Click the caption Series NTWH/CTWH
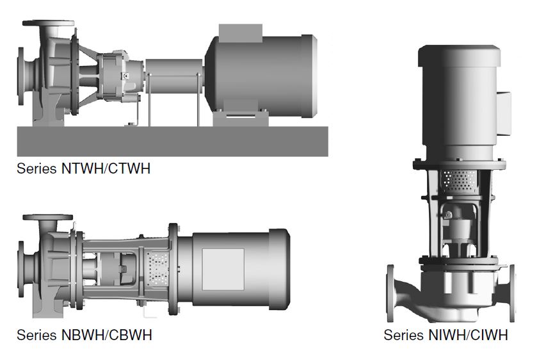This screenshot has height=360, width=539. pos(83,168)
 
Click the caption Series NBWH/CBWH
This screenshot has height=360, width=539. pos(84,335)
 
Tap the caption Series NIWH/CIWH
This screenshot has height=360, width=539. pos(446,335)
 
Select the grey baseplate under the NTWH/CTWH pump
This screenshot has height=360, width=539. pos(173,142)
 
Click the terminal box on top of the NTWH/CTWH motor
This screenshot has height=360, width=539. pos(240,33)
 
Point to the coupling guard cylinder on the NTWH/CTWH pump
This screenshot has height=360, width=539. pos(174,76)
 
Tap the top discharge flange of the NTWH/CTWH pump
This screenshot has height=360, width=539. pos(48,23)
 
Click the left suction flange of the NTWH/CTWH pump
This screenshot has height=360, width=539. pos(21,76)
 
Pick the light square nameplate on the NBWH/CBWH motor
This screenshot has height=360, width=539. pos(223,269)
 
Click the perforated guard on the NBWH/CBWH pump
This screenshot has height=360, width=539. pos(157,268)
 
